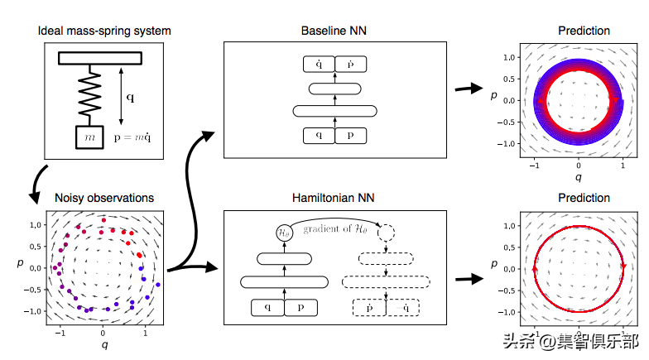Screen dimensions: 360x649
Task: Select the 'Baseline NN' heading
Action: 334,31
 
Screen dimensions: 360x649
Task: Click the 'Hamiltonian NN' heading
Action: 334,198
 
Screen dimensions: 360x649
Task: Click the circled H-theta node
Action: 284,233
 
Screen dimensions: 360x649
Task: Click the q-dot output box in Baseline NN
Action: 320,63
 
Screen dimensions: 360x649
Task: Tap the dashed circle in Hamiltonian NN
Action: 387,233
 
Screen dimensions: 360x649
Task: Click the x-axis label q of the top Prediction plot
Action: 579,176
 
